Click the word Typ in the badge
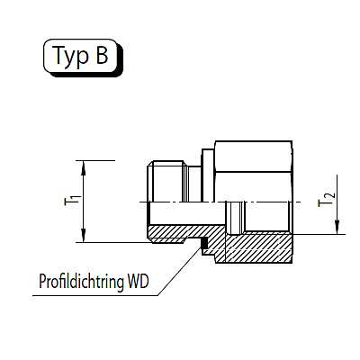coord(70,56)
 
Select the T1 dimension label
coord(73,201)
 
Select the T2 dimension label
coord(326,200)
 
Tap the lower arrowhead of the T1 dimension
coord(84,235)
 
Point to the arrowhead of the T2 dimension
coord(337,227)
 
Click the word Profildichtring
coord(81,282)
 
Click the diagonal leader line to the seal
coord(179,272)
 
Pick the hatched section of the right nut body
coord(258,247)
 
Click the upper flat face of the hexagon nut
coord(254,157)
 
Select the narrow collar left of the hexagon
coord(208,175)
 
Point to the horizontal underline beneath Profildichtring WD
coord(95,296)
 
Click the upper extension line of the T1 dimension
coord(95,161)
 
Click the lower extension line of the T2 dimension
coord(319,234)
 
